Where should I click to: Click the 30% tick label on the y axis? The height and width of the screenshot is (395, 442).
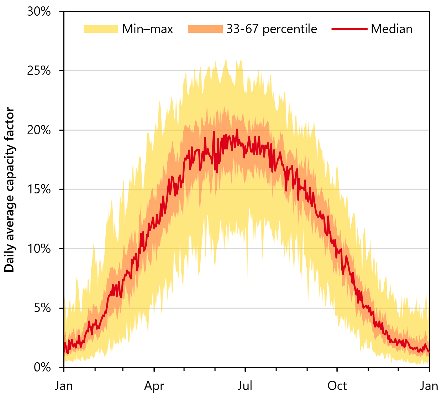pyautogui.click(x=39, y=12)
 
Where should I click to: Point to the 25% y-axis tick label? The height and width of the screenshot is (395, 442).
pyautogui.click(x=39, y=71)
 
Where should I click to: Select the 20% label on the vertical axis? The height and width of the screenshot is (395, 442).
pyautogui.click(x=39, y=130)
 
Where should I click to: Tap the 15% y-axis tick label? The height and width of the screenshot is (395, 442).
pyautogui.click(x=39, y=189)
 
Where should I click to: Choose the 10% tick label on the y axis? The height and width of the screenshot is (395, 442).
pyautogui.click(x=39, y=249)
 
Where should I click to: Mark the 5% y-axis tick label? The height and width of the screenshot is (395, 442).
pyautogui.click(x=42, y=308)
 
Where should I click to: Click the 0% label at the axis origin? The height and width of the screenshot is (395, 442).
pyautogui.click(x=42, y=367)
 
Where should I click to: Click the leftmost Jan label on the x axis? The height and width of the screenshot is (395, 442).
pyautogui.click(x=64, y=386)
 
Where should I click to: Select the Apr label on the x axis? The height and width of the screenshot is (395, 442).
pyautogui.click(x=154, y=386)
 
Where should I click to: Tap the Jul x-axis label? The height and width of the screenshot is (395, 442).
pyautogui.click(x=245, y=386)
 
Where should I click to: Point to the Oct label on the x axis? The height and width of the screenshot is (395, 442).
pyautogui.click(x=337, y=386)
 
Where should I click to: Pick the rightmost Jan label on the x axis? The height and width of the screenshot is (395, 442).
pyautogui.click(x=429, y=386)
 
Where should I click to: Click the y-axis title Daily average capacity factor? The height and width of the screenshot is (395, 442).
pyautogui.click(x=10, y=189)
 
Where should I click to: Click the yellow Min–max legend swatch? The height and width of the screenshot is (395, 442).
pyautogui.click(x=101, y=29)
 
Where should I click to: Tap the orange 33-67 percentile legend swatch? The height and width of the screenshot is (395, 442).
pyautogui.click(x=205, y=29)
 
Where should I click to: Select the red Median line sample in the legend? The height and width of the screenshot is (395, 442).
pyautogui.click(x=349, y=29)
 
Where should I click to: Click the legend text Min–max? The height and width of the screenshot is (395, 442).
pyautogui.click(x=147, y=29)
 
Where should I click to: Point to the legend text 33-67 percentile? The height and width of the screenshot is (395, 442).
pyautogui.click(x=272, y=29)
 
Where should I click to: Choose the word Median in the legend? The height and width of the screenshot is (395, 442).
pyautogui.click(x=391, y=29)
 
